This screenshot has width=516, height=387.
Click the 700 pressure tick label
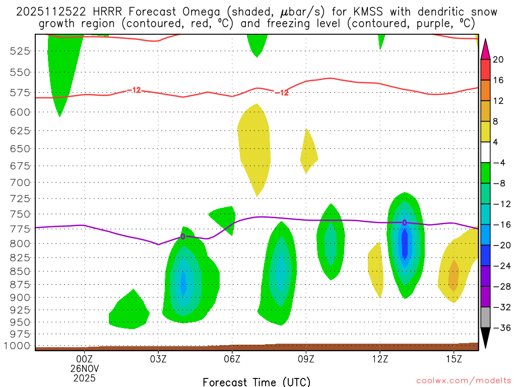(x=20, y=182)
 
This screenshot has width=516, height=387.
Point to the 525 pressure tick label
(x=20, y=51)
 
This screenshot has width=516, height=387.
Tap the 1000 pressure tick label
(x=18, y=346)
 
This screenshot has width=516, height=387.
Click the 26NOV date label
(x=84, y=368)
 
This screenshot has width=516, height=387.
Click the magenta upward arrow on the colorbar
(x=485, y=48)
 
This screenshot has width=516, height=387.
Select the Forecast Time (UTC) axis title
(x=256, y=381)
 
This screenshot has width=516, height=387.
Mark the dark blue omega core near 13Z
(x=404, y=242)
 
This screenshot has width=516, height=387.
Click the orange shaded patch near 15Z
(x=454, y=275)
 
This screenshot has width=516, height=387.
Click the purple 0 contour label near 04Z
(x=183, y=236)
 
